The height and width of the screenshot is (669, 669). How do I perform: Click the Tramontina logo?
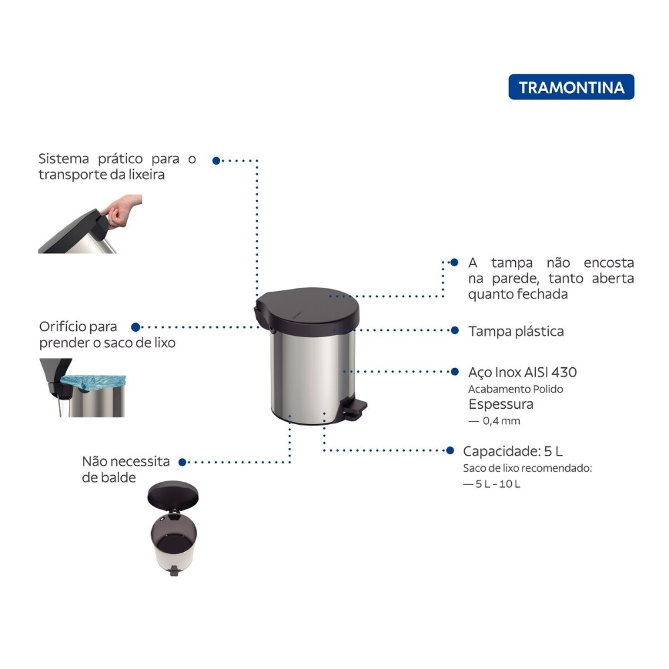point(571,87)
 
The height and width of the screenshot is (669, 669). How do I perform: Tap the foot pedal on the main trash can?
point(355,408)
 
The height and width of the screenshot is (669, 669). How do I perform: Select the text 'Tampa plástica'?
point(516,331)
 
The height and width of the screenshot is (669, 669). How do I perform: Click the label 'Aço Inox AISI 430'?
point(522,372)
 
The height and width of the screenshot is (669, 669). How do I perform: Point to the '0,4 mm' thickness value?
point(501,421)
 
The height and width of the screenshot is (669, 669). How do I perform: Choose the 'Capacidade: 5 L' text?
point(512,451)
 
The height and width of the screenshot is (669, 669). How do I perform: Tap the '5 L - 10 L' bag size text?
point(498,484)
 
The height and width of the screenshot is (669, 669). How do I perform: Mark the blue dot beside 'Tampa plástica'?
point(455,330)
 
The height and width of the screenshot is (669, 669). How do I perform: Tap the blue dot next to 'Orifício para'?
point(136,327)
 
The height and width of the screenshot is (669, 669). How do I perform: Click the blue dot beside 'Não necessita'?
point(182,462)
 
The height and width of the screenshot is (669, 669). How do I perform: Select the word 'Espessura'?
point(501,404)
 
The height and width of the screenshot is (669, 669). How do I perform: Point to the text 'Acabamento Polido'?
point(515,389)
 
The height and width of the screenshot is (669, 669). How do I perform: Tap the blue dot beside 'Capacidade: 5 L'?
point(450,450)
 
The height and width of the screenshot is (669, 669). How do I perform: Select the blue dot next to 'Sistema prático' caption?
point(216,161)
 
